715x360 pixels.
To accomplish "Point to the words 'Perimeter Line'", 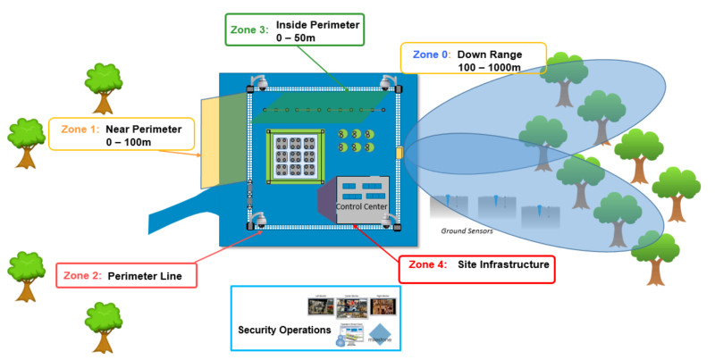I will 145,277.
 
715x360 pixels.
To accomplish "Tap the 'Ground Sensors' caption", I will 467,231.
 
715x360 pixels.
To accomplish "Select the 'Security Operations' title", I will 284,331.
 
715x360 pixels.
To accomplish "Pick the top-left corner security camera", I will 259,84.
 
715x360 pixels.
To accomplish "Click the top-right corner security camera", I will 389,83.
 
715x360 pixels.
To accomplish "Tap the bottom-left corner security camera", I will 259,221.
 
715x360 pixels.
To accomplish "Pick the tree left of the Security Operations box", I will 104,321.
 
